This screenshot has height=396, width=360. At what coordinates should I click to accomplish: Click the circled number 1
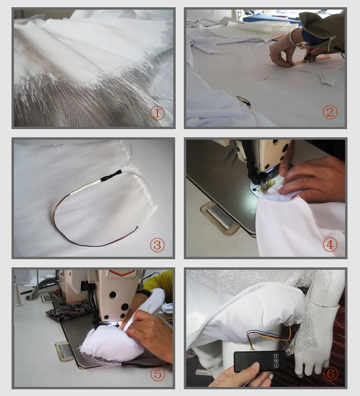pos(157,113)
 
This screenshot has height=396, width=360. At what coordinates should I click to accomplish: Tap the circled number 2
pos(330,112)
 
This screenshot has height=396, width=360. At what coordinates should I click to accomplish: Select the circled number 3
pos(157,245)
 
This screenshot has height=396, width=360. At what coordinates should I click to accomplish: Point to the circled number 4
pos(330,244)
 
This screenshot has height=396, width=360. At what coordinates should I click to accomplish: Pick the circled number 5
pos(157,374)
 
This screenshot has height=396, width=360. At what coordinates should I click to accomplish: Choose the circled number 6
pos(330,373)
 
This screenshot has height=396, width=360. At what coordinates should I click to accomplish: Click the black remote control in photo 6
pos(260,361)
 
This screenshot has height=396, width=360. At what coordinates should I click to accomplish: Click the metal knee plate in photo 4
pos(220,216)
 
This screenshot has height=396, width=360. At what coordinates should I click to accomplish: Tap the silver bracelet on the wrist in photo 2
pos(293,38)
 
